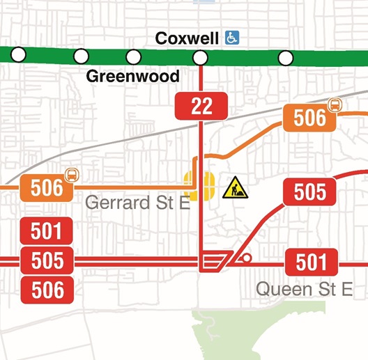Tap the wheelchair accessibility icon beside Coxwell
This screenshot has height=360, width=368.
[231, 38]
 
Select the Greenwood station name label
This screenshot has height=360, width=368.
[132, 76]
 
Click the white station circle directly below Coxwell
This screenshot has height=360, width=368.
[201, 57]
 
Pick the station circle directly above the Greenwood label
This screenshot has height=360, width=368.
[133, 56]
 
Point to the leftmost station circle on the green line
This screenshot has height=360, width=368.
[19, 54]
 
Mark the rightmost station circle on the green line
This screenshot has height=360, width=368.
[285, 57]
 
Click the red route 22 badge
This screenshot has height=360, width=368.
[201, 106]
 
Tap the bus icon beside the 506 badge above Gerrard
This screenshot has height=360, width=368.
[70, 174]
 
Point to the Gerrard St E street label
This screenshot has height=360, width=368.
[136, 203]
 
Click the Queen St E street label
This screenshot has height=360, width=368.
[303, 288]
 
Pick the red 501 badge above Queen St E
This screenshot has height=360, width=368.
[311, 262]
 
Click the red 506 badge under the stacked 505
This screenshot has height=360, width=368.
[47, 290]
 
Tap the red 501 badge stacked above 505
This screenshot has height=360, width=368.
[47, 231]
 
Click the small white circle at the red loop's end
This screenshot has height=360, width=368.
[245, 260]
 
